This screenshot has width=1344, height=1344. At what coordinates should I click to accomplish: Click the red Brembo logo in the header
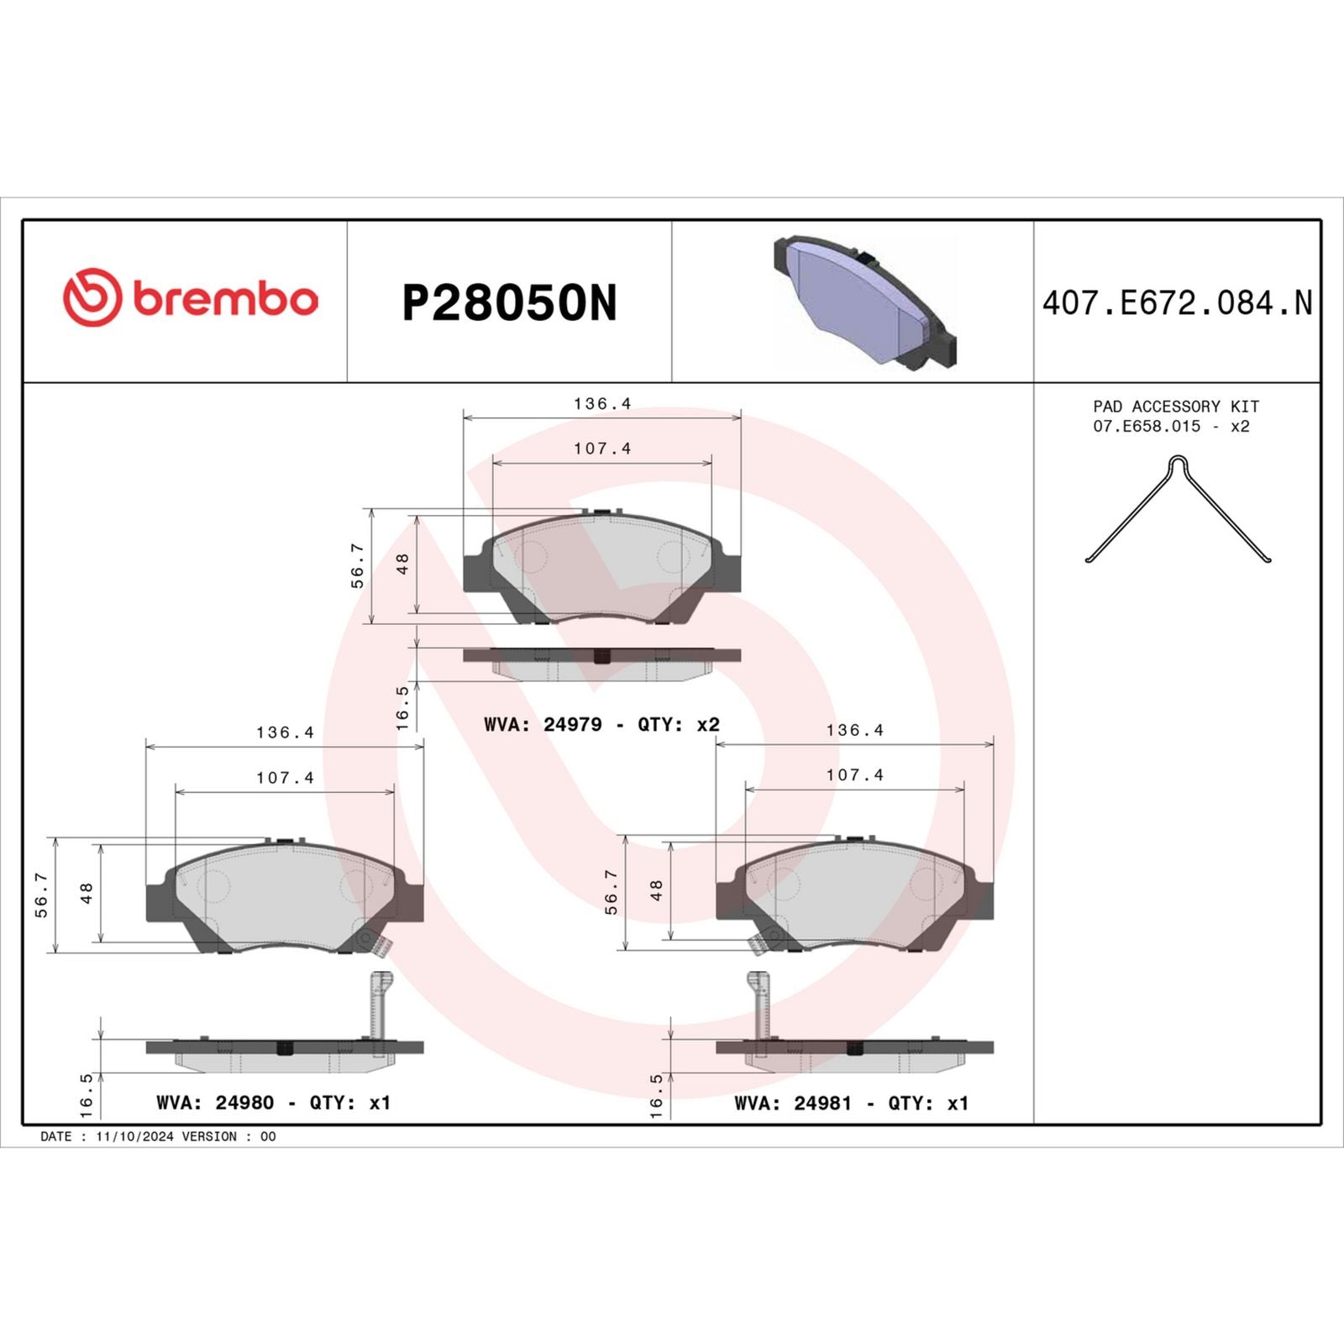(191, 298)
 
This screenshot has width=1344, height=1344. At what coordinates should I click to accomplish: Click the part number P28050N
(509, 303)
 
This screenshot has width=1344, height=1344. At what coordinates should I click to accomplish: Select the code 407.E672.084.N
(1177, 303)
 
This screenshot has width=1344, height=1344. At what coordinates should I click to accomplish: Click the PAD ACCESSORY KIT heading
(1175, 407)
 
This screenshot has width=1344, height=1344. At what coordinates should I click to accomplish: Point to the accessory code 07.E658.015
(1147, 427)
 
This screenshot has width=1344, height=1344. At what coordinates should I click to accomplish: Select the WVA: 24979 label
(543, 724)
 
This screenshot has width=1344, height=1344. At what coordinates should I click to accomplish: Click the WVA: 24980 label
(215, 1103)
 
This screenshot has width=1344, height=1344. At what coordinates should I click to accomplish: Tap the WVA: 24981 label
(792, 1103)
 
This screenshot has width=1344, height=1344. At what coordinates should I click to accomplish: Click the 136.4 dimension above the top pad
(602, 403)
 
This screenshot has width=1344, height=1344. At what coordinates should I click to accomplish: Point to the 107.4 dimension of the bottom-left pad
(285, 778)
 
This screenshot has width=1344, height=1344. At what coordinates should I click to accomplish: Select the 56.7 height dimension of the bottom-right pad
(612, 892)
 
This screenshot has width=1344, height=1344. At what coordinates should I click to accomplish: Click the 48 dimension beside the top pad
(403, 563)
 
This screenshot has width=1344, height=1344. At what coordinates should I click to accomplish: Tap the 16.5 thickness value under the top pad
(403, 707)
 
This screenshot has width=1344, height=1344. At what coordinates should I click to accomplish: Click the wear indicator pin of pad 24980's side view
(379, 1004)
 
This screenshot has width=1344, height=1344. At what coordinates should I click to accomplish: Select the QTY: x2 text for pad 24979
(679, 724)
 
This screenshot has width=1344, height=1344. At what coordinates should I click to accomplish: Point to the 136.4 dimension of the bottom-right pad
(854, 730)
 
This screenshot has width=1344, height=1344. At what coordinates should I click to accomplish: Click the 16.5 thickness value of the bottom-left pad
(87, 1095)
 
